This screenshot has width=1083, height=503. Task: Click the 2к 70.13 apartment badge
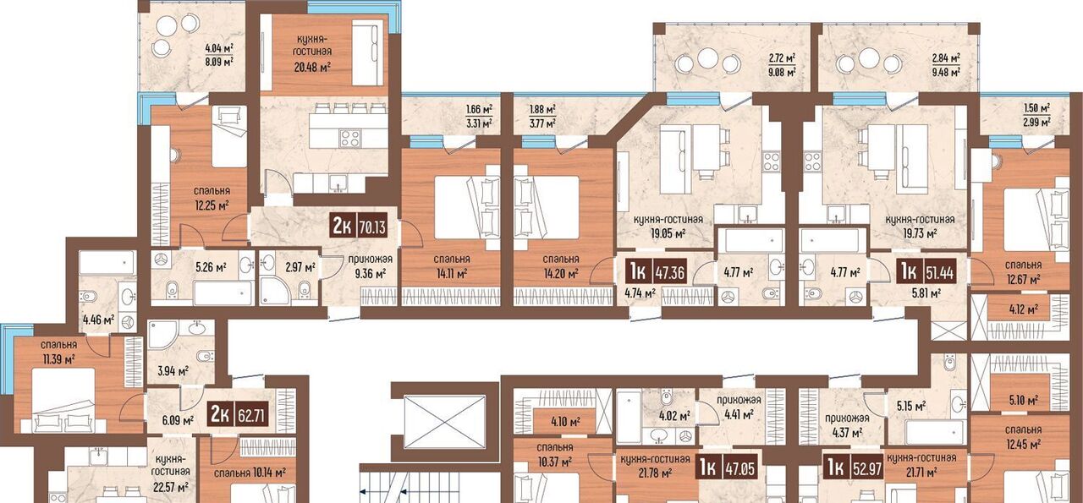[x=359, y=226]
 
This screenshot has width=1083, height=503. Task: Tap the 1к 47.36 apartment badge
[x=656, y=272]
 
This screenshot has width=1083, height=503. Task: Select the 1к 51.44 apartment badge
[x=926, y=272]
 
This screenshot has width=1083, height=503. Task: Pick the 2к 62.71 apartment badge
[x=239, y=414]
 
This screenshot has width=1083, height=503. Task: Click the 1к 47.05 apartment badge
[x=726, y=467]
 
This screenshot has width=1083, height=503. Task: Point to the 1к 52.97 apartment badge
[x=855, y=467]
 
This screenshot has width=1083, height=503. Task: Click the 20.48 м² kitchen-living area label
[x=312, y=67]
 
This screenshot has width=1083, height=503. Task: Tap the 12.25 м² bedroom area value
[x=212, y=205]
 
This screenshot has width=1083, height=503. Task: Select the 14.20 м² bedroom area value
[x=561, y=274]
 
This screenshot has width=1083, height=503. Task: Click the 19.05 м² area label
[x=668, y=234]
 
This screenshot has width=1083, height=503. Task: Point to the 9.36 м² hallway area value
[x=371, y=274]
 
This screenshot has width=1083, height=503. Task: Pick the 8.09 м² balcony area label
[x=219, y=62]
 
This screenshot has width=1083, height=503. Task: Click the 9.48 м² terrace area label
[x=946, y=72]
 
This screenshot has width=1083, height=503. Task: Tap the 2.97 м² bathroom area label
[x=300, y=267]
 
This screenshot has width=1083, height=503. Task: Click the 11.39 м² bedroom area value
[x=58, y=359]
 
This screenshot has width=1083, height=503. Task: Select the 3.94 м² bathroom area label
[x=173, y=371]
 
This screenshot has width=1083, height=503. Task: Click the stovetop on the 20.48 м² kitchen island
[x=350, y=138]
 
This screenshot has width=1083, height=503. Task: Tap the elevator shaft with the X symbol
[x=444, y=421]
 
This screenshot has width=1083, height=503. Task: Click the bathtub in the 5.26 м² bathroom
[x=223, y=293]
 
